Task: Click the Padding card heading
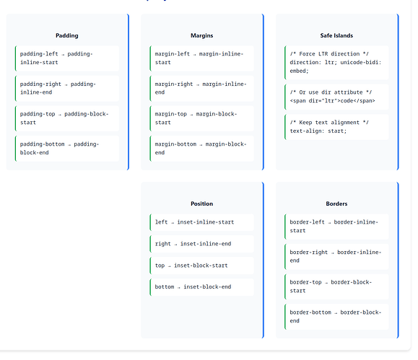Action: tap(67, 35)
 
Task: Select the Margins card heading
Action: tap(202, 35)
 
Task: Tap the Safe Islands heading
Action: tap(336, 35)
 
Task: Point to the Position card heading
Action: tap(202, 204)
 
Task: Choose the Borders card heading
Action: tap(336, 204)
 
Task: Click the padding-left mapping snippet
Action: tap(56, 58)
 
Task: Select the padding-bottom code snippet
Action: tap(59, 149)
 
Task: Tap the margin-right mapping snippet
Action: tap(201, 88)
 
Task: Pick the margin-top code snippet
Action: tap(196, 118)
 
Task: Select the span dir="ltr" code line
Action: tap(332, 101)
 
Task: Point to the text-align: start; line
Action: tap(318, 131)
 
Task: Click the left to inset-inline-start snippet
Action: tap(194, 222)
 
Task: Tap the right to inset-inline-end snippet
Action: tap(193, 244)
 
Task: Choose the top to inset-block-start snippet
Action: tap(191, 265)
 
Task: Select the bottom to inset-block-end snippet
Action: tap(193, 287)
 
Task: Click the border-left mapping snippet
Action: tap(334, 227)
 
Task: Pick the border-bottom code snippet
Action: tap(336, 317)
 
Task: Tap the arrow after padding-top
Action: tap(60, 115)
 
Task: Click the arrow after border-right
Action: tap(332, 253)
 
